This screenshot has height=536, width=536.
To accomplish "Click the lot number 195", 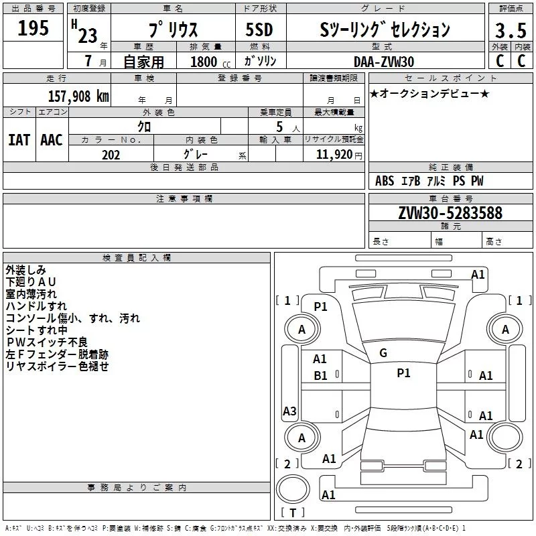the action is (33, 28).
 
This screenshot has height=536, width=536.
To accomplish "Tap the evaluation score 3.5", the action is (510, 31).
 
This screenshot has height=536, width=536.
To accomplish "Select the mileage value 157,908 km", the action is (78, 96).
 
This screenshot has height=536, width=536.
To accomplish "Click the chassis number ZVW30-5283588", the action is (450, 213).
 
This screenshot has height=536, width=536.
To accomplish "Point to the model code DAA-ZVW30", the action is (384, 62).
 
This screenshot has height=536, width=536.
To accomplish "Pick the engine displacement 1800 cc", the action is (204, 62).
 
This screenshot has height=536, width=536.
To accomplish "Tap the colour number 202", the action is (111, 155).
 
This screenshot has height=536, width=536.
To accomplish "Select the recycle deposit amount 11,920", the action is (334, 155).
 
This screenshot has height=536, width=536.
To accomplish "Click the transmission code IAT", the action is (18, 139).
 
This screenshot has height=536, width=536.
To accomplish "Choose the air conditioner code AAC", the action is (51, 139).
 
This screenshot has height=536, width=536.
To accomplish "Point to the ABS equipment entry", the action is (385, 181).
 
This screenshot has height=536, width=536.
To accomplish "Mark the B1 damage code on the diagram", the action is (320, 376).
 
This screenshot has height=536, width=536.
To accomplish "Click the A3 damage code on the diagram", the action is (289, 411).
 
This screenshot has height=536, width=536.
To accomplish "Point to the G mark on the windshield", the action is (383, 352).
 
